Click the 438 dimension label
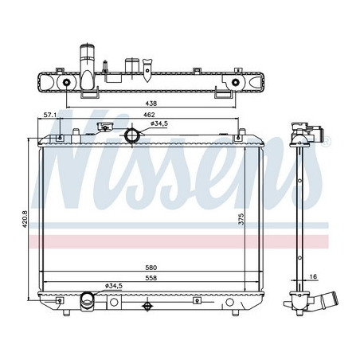[x=151, y=104]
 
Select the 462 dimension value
[x=149, y=115]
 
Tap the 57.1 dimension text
[x=50, y=115]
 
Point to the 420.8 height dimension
[x=25, y=219]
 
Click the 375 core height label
[x=241, y=219]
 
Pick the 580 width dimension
[x=151, y=268]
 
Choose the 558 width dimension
[x=151, y=278]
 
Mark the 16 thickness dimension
[x=314, y=276]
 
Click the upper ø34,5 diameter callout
[x=159, y=123]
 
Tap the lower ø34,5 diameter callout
[x=113, y=286]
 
